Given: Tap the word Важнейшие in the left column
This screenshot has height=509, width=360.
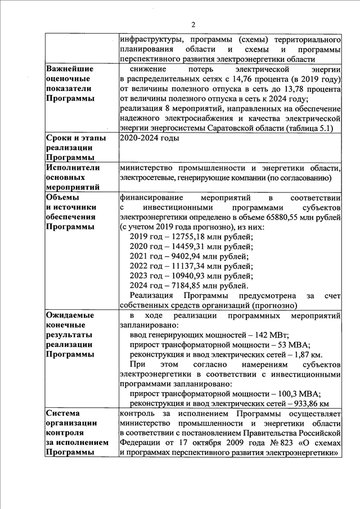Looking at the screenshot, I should click(x=70, y=69).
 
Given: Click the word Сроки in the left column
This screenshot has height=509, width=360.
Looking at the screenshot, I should click(x=60, y=138).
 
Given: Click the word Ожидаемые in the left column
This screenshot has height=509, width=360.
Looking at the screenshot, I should click(x=69, y=316).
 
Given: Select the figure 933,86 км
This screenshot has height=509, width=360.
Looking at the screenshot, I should click(x=307, y=404).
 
